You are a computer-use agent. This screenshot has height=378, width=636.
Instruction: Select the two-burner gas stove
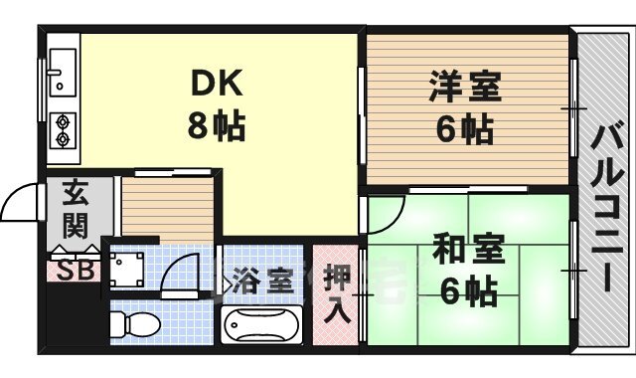(x=61, y=130)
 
